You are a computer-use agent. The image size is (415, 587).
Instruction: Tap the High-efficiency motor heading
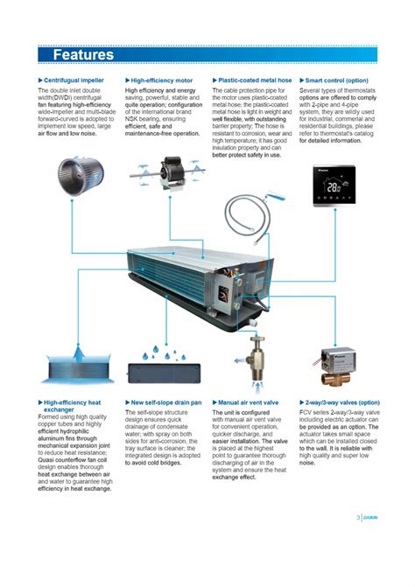coord(161,80)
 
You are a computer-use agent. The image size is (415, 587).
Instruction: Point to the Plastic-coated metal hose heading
coord(255,80)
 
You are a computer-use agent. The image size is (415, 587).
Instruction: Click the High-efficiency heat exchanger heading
coord(72,406)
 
